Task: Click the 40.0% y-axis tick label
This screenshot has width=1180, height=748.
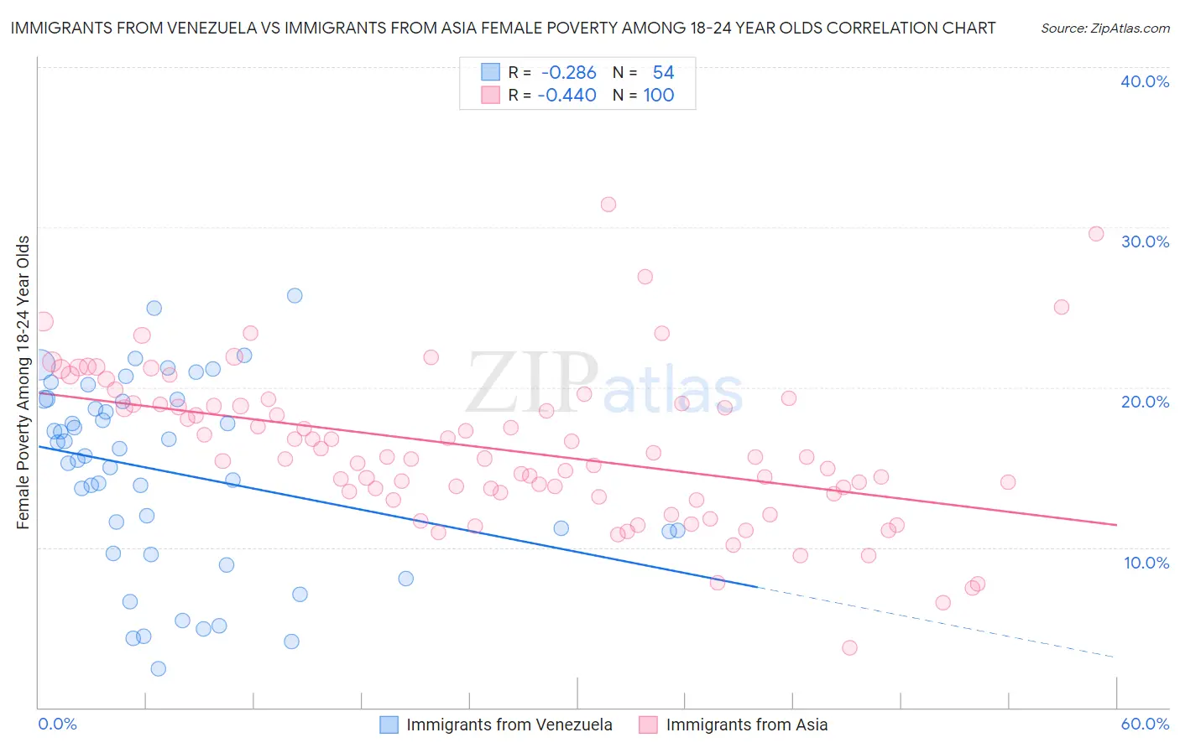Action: [x=1145, y=81]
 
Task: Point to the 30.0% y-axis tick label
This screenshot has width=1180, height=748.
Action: [x=1145, y=242]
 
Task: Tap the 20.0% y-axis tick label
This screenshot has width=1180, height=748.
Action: [x=1145, y=402]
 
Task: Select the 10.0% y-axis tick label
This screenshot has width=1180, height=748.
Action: [x=1146, y=563]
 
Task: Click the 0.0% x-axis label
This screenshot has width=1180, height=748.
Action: [x=58, y=724]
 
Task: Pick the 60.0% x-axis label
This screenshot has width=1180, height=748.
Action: [x=1145, y=724]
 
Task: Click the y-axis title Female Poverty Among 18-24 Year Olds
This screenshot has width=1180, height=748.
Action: [x=23, y=382]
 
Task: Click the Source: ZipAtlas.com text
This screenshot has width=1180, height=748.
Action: [x=1104, y=28]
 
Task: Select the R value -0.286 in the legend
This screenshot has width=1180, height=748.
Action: [x=568, y=72]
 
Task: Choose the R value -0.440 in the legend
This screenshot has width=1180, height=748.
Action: [x=568, y=95]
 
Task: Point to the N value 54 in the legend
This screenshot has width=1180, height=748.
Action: [x=663, y=72]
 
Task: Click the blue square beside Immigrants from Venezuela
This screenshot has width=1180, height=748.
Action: [x=389, y=725]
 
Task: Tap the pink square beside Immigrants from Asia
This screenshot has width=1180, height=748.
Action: [x=648, y=725]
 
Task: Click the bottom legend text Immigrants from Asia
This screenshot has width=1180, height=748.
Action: [x=746, y=725]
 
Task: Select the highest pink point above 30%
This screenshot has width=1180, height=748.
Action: [x=608, y=204]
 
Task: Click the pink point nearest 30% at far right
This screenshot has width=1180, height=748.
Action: [x=1096, y=234]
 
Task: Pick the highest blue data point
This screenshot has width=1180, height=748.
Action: [x=295, y=295]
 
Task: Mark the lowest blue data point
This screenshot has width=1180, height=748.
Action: [x=158, y=668]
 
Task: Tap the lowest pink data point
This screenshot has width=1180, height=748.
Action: [x=849, y=647]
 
